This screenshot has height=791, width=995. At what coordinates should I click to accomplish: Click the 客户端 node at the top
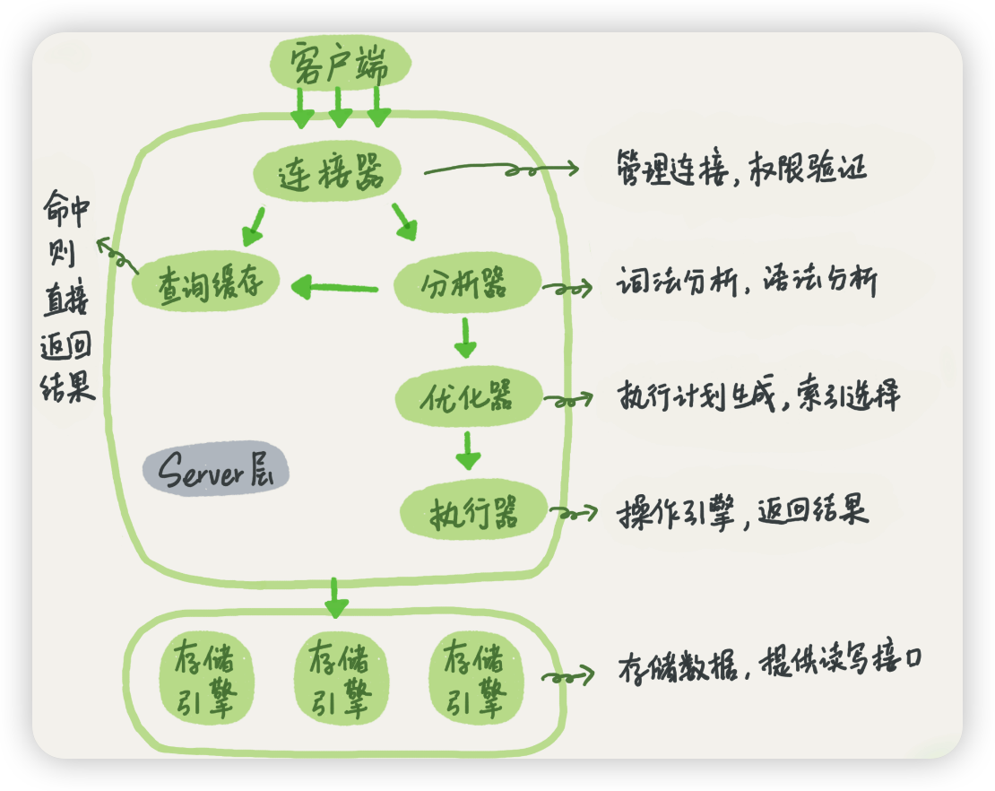[340, 64]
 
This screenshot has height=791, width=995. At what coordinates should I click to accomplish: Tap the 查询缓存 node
[207, 284]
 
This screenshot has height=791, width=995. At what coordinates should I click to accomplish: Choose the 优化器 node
[468, 396]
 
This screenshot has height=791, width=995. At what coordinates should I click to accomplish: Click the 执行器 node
[473, 513]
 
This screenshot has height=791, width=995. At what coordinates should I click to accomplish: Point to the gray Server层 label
[216, 472]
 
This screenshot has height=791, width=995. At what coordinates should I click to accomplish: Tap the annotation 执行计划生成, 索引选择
[757, 395]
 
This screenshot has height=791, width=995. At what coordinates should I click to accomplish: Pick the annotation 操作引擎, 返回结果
[743, 512]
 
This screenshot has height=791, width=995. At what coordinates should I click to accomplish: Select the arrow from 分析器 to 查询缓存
[334, 288]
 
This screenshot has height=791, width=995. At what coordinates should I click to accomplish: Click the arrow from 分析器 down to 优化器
[464, 337]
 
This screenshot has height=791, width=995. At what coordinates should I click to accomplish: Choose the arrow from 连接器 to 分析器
[404, 222]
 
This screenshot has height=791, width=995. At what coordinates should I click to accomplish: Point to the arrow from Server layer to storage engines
[335, 597]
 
